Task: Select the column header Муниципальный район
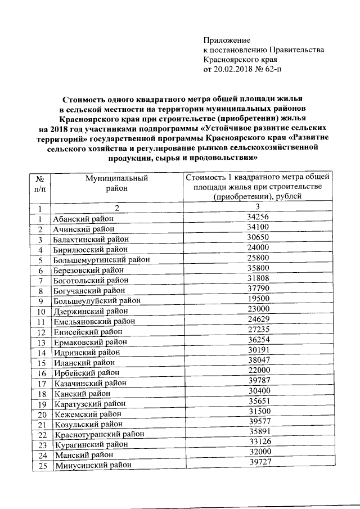point(117,183)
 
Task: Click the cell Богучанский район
point(89,290)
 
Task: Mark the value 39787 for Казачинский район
point(259,381)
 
